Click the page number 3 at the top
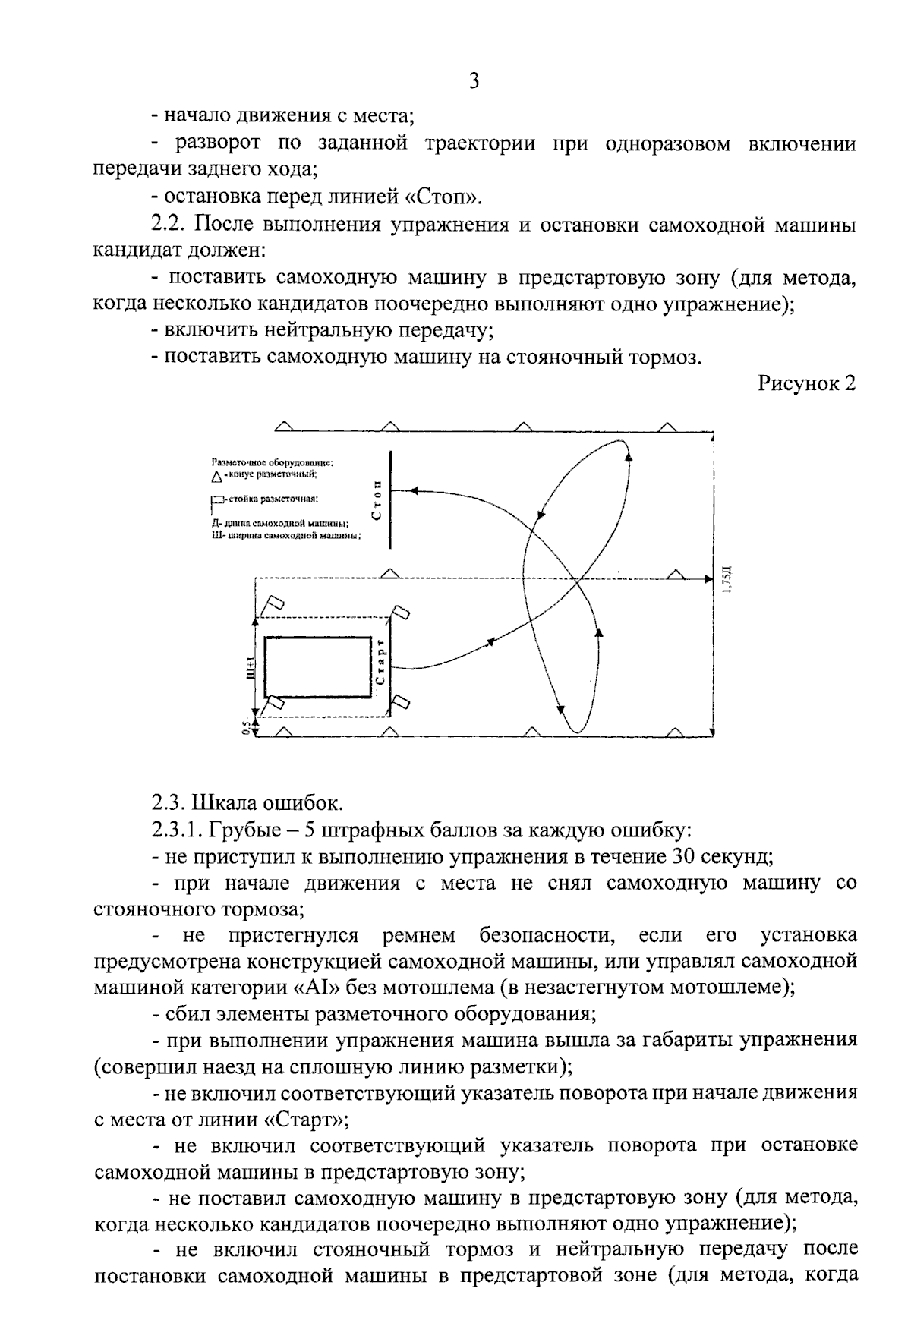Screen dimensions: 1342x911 click(474, 81)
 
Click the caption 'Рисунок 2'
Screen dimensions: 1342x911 click(807, 383)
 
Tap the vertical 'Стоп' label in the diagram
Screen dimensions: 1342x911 click(377, 501)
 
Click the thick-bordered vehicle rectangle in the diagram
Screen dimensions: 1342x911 click(317, 667)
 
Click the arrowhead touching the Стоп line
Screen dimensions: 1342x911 click(395, 491)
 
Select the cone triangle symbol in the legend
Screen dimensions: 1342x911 click(217, 477)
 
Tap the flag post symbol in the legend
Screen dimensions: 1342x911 click(218, 500)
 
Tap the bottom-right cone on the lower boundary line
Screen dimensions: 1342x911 click(673, 730)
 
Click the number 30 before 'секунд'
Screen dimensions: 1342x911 click(686, 856)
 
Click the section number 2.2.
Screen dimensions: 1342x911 click(169, 225)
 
